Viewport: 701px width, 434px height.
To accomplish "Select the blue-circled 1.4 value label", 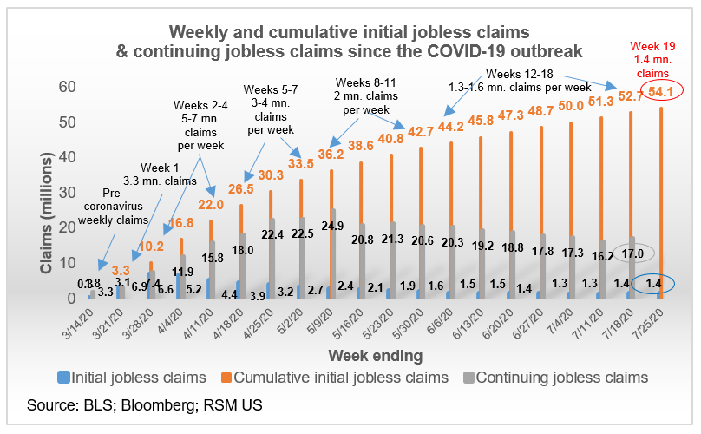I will coord(652,284).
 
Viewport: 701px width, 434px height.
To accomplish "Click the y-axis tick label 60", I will coord(67,87).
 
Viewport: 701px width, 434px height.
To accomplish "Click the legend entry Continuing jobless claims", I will coord(568,378).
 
